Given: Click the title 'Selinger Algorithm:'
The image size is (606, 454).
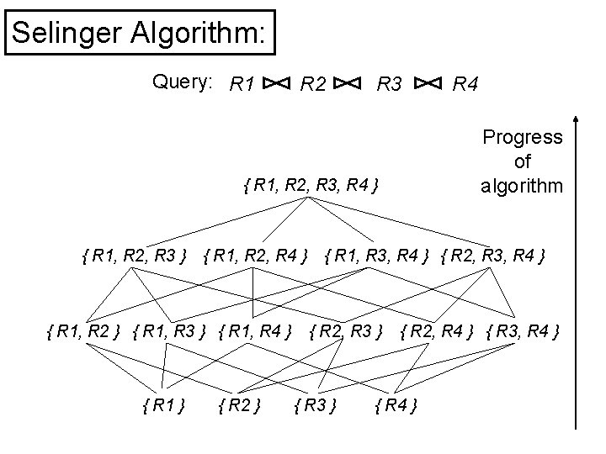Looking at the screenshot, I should [140, 33].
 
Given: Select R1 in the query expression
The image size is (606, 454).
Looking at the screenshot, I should [242, 83].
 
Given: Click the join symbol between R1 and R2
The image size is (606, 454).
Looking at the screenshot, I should [278, 83].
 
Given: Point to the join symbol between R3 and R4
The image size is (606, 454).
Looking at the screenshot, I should [428, 83].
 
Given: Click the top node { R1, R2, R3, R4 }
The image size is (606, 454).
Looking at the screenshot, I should [309, 182].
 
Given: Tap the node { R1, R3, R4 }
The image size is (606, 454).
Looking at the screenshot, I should [379, 254].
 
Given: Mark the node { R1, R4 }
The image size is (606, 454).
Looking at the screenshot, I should [255, 331].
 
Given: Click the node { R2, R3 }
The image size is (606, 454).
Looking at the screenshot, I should [348, 331].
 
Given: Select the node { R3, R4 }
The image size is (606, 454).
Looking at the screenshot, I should [524, 331].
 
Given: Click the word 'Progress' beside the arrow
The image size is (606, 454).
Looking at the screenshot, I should [522, 137].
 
